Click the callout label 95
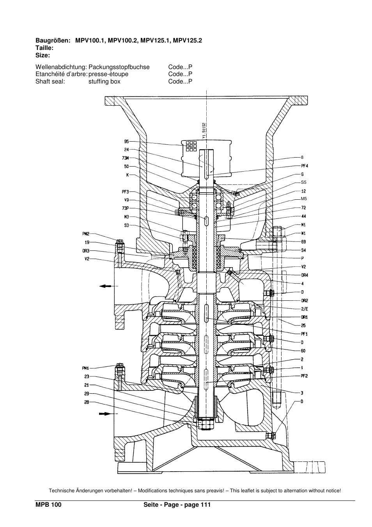coord(126,142)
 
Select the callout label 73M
coord(126,158)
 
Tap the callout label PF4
coord(305,166)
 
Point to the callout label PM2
coord(86,234)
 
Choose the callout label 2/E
coord(305,309)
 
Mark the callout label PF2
coord(305,376)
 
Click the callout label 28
coord(87,402)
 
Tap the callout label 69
coord(303,242)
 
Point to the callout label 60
coord(303,351)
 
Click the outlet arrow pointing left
coord(105,286)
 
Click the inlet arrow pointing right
coord(105,413)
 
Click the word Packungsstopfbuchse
coord(119,67)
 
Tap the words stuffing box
coord(104,82)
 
